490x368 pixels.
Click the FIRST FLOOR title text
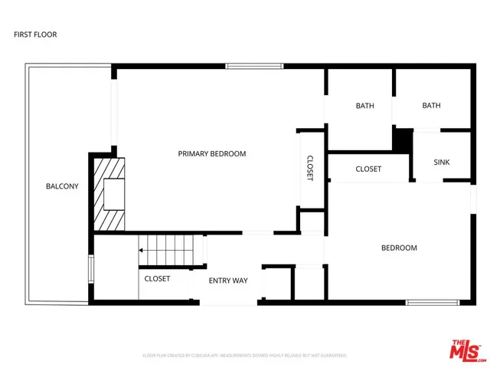click(35, 34)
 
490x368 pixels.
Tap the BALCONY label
click(62, 186)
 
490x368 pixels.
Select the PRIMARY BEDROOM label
click(212, 154)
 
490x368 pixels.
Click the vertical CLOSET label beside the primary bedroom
click(310, 168)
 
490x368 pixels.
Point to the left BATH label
click(364, 106)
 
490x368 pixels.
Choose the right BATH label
click(431, 106)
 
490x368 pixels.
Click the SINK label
click(442, 163)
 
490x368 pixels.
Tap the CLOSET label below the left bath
click(368, 169)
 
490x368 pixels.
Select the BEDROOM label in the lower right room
click(400, 248)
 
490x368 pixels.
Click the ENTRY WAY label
click(228, 281)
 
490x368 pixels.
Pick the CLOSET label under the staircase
click(157, 278)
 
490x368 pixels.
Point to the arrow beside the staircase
click(142, 250)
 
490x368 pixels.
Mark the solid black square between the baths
click(402, 139)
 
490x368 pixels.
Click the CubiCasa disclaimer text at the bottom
click(245, 356)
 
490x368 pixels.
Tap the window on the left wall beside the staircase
click(92, 269)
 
